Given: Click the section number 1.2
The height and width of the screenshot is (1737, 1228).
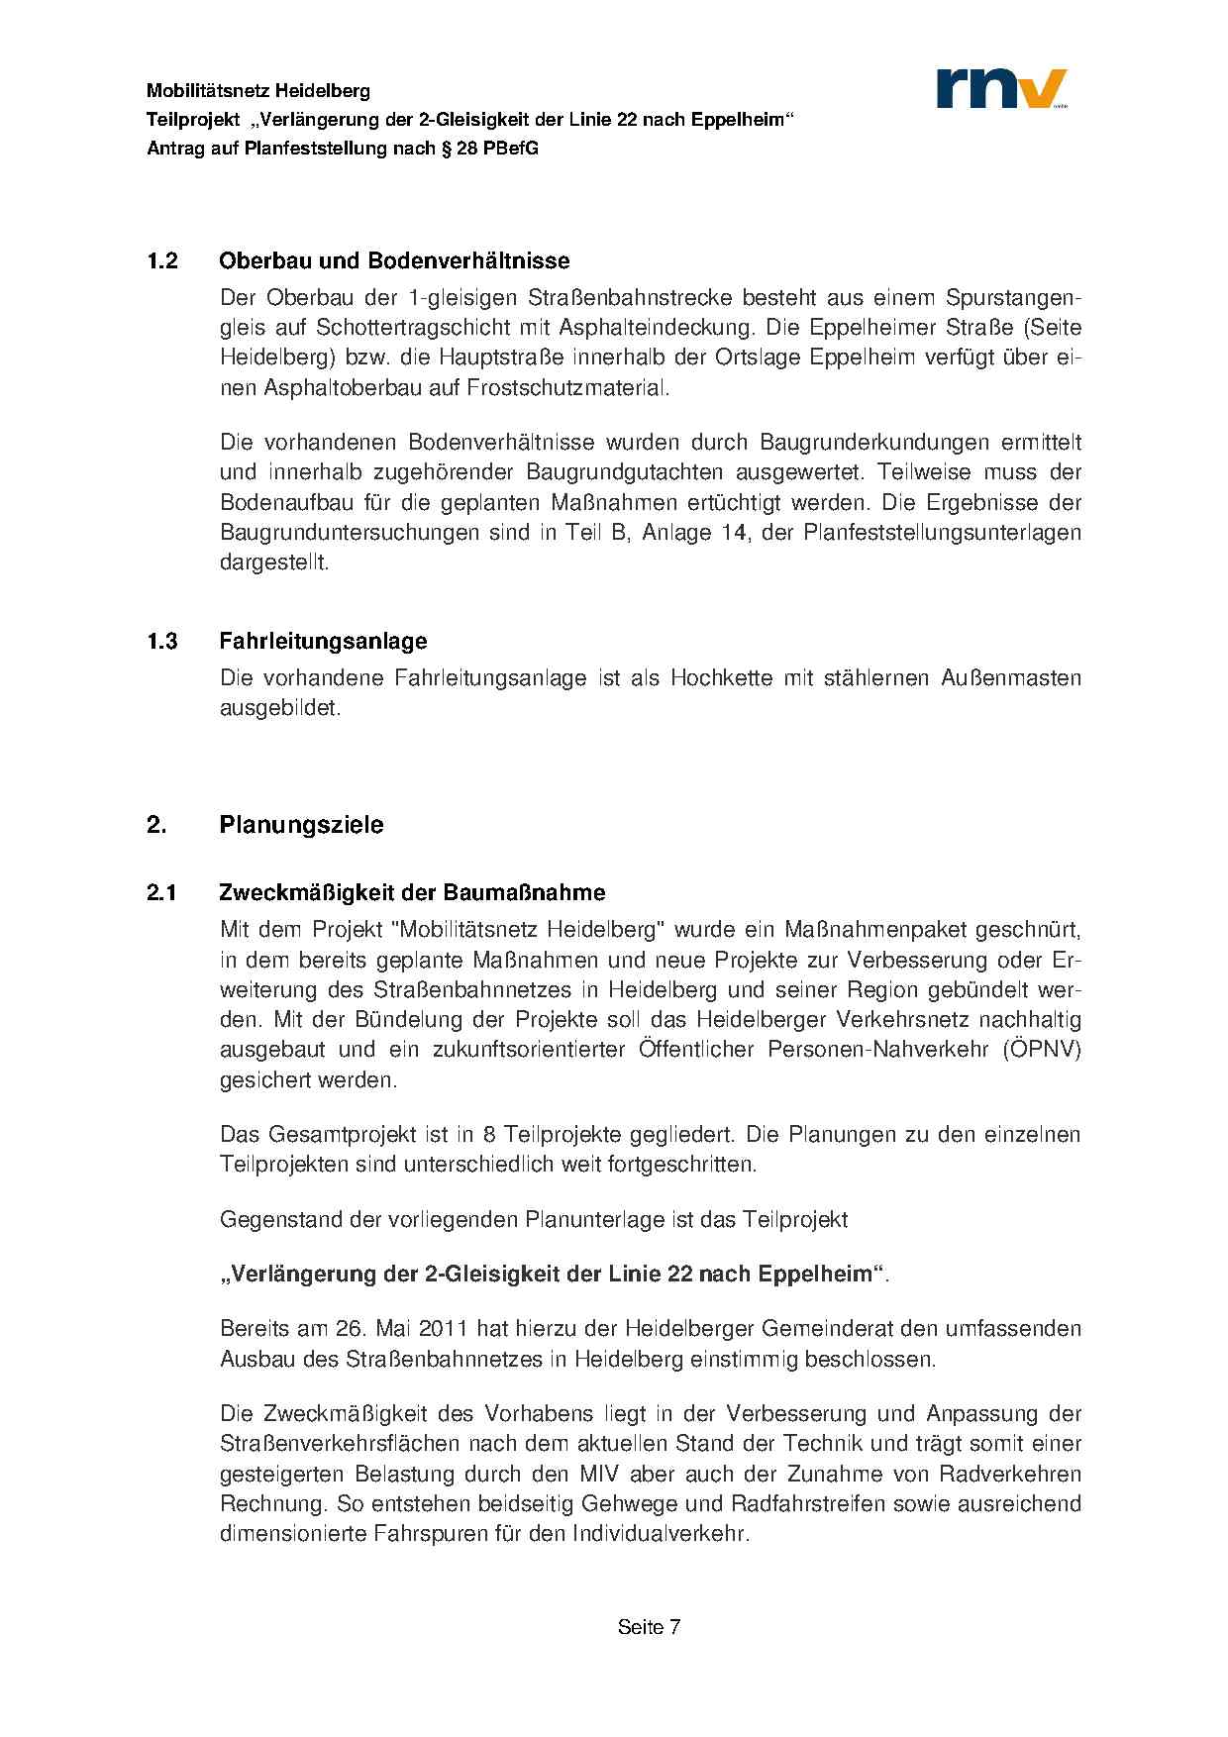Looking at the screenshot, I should [x=162, y=261].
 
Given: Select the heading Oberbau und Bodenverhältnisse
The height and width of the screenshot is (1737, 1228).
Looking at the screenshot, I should [x=394, y=261].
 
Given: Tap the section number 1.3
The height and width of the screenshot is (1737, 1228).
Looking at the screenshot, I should [x=162, y=641].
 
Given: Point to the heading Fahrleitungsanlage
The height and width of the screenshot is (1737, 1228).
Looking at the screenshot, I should [x=323, y=641].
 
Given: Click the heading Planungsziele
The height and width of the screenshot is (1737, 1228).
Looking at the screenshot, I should [x=301, y=825].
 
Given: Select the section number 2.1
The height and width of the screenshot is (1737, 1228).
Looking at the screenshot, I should [x=161, y=892].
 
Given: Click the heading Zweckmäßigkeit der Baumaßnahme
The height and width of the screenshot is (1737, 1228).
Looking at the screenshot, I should [x=412, y=892].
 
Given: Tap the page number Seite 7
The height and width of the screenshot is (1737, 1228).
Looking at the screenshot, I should [x=649, y=1627].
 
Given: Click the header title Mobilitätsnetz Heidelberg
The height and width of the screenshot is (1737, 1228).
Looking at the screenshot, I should [x=258, y=91].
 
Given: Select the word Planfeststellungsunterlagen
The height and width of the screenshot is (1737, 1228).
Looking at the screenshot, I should [x=942, y=533].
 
